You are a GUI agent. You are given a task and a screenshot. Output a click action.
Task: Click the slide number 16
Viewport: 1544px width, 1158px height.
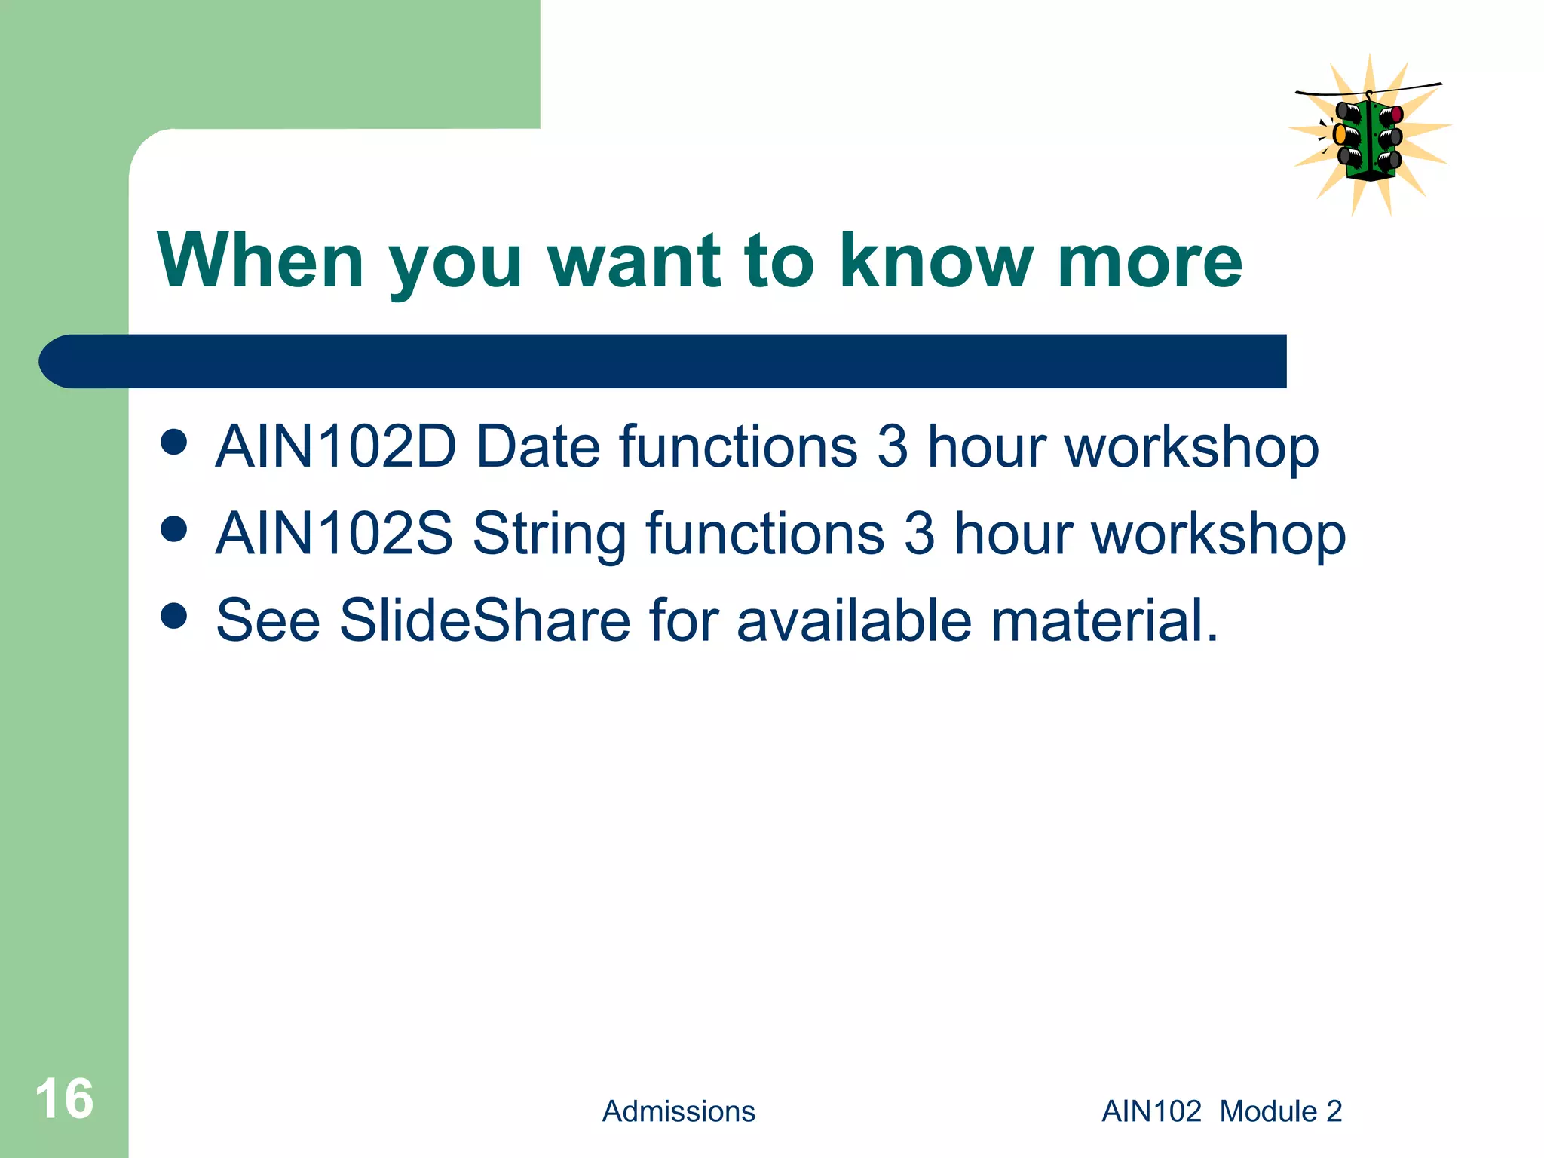click(65, 1098)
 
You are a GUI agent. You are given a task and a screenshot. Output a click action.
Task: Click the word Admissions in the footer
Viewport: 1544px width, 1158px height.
click(678, 1111)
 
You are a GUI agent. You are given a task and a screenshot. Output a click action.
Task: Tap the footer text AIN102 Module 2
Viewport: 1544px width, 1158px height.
click(1221, 1111)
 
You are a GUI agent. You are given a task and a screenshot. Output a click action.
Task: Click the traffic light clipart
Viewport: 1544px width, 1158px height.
click(1368, 136)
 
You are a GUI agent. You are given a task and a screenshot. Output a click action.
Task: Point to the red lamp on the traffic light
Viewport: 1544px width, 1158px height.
click(1396, 115)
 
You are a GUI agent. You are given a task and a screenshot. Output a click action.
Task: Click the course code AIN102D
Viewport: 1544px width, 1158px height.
click(336, 446)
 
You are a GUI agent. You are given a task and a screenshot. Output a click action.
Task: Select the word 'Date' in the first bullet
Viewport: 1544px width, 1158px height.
click(538, 446)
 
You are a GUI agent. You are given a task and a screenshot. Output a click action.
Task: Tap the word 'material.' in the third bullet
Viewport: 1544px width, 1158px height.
click(1104, 620)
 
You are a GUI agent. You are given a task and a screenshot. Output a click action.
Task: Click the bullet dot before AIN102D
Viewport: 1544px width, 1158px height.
click(174, 443)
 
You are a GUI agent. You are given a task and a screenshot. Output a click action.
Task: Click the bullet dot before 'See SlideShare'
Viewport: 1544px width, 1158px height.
click(174, 616)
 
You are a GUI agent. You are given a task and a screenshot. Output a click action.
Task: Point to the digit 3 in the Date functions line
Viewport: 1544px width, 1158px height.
click(893, 446)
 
